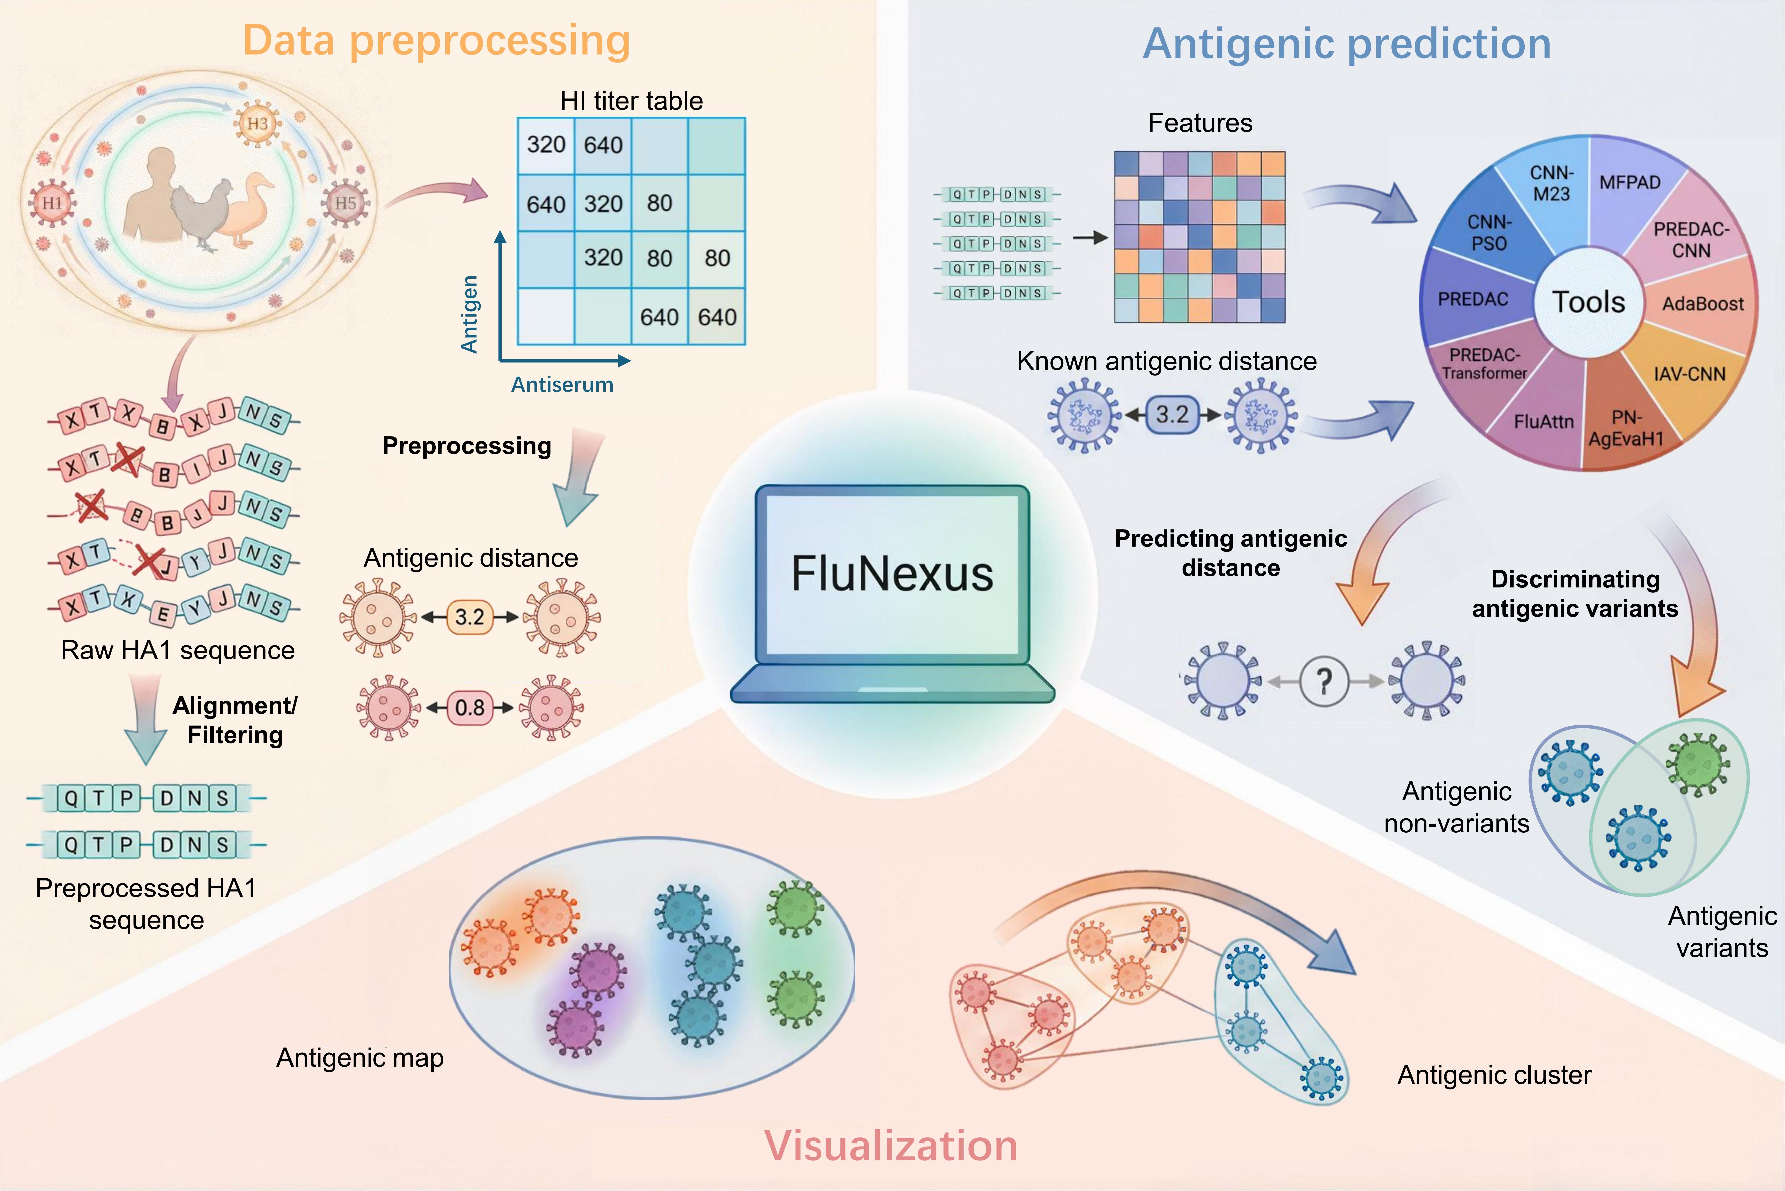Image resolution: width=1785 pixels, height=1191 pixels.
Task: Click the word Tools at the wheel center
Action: (1588, 302)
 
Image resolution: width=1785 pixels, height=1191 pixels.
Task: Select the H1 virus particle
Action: (52, 203)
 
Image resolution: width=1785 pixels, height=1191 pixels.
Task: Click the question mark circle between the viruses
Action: (1324, 681)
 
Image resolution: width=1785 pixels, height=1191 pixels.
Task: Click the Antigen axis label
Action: (470, 314)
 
